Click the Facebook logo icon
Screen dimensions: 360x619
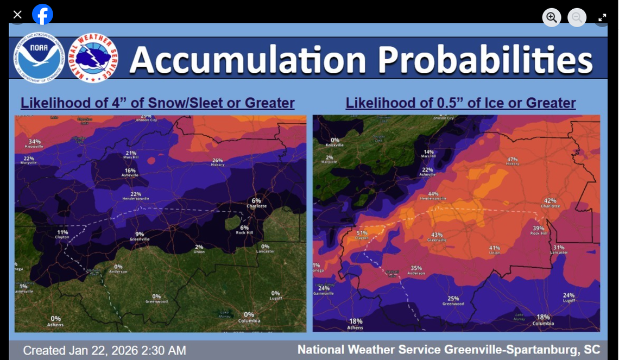(x=42, y=15)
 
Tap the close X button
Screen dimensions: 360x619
(x=17, y=15)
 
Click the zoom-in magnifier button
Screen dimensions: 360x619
(x=552, y=17)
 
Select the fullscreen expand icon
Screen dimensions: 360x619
(x=602, y=17)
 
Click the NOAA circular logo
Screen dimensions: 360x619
(x=39, y=57)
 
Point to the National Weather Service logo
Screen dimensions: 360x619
(x=93, y=58)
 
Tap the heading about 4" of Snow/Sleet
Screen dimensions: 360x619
(x=157, y=103)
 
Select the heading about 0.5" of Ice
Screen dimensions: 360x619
(x=460, y=103)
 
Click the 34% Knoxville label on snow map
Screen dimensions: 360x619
(x=34, y=143)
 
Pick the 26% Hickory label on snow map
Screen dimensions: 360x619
(x=218, y=162)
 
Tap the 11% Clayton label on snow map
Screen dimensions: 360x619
(x=62, y=235)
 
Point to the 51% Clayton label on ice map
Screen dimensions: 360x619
(x=362, y=235)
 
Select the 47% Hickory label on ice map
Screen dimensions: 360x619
(x=512, y=161)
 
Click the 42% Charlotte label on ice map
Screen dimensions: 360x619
(x=550, y=203)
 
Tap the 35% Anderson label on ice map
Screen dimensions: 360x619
(x=416, y=270)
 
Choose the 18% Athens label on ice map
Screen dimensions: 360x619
(x=356, y=324)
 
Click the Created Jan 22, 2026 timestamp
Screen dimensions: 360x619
(x=104, y=350)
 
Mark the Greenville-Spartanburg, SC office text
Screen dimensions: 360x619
(x=449, y=349)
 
